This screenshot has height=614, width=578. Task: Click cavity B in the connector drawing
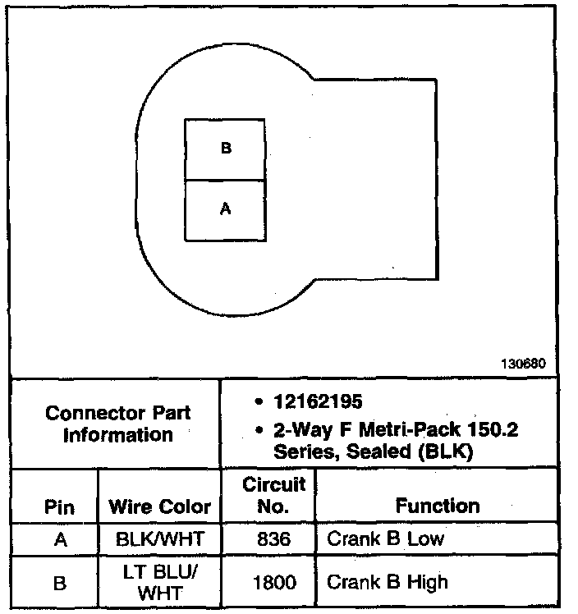coord(226,149)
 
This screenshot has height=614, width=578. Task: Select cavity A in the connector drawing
coord(226,210)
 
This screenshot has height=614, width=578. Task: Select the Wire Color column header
coord(160,506)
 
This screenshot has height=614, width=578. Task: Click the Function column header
coord(438,506)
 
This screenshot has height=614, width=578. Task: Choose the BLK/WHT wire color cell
coord(160,539)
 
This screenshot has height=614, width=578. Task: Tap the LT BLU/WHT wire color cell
coord(160,583)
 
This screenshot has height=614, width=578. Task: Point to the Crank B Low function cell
coord(386,539)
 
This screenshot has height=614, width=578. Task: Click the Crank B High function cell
coord(388,583)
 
